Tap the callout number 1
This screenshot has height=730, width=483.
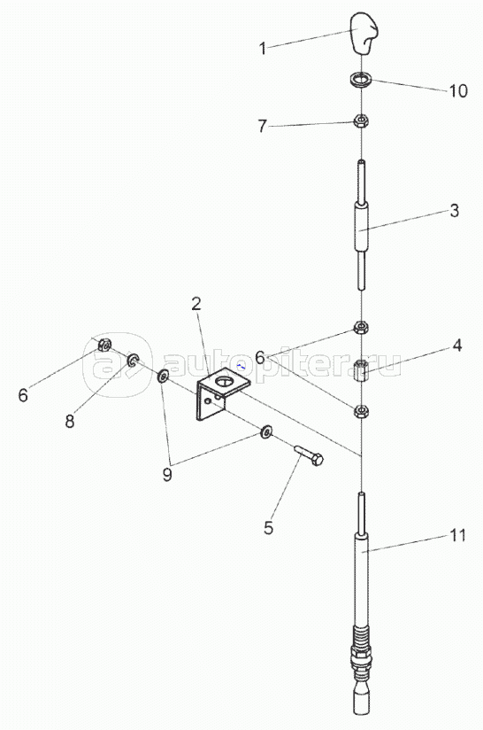263,48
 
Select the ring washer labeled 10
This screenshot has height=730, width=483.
361,80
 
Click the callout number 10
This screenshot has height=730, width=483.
458,90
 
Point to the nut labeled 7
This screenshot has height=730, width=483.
361,121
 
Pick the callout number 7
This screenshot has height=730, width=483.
263,126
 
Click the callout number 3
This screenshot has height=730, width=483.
454,211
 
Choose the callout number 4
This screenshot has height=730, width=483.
457,345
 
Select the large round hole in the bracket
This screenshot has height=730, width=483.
226,381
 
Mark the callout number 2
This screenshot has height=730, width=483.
196,304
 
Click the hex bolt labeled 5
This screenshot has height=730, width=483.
309,454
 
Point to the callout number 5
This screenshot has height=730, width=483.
268,528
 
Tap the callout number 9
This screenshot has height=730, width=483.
167,474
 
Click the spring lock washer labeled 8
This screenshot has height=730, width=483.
133,360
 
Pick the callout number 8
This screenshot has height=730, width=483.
70,422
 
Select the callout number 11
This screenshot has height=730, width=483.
457,535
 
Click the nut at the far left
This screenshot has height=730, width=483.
104,345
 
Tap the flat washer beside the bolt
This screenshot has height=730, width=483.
266,431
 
